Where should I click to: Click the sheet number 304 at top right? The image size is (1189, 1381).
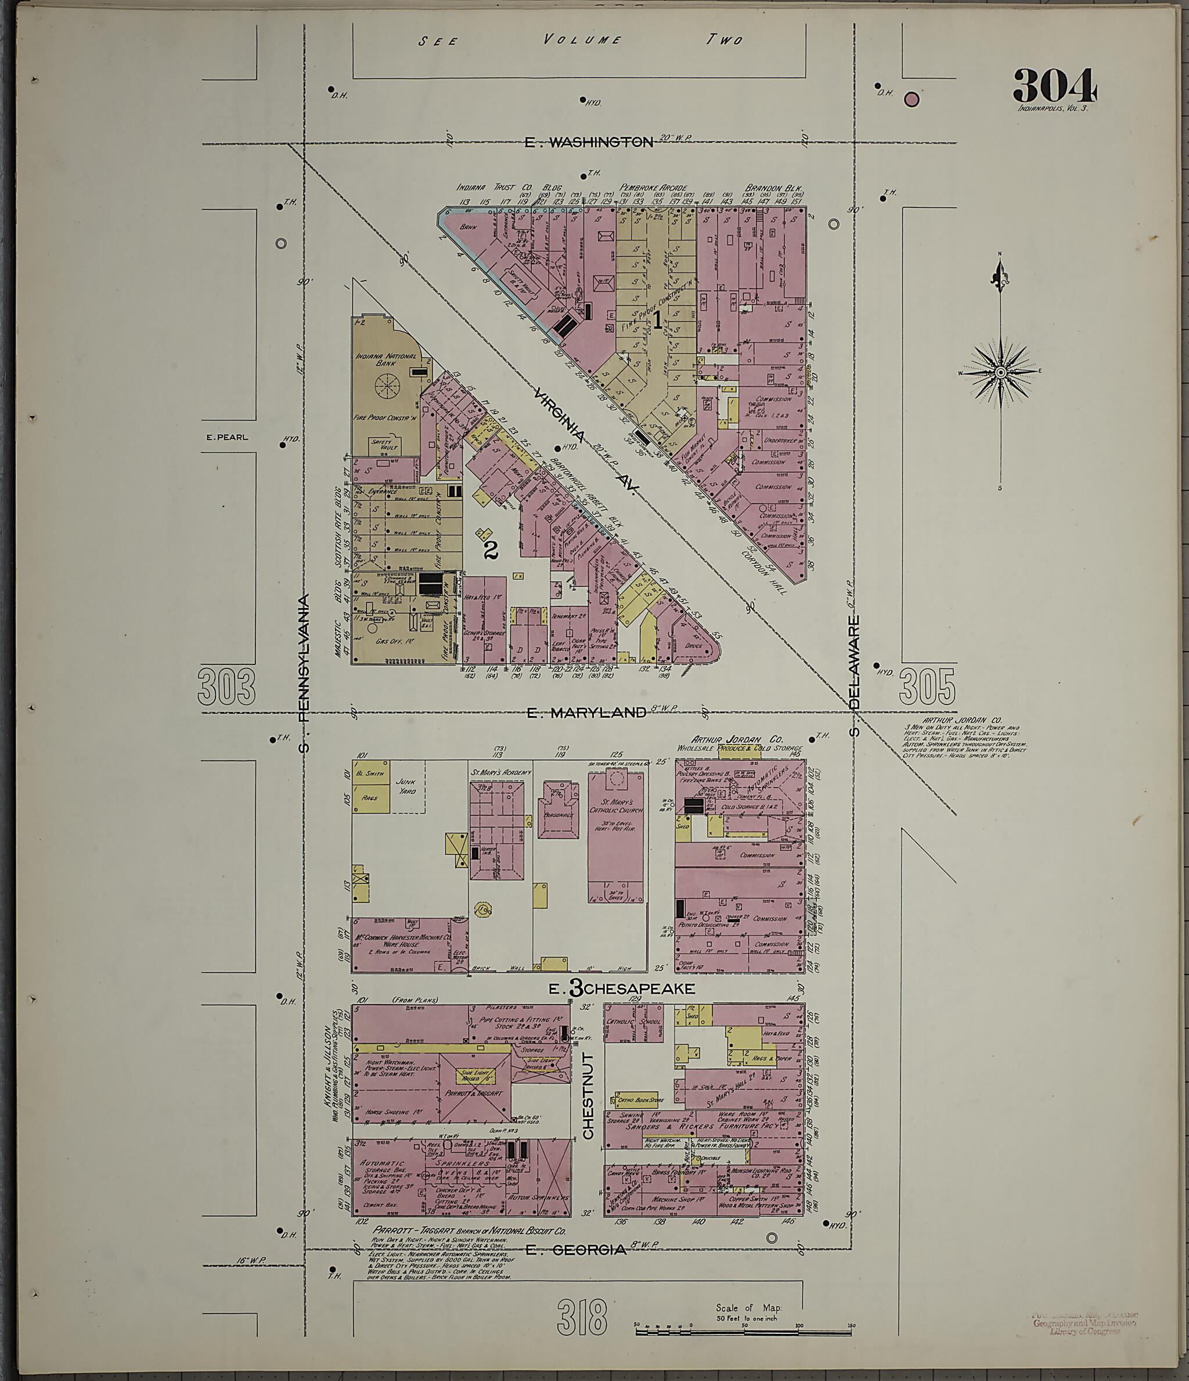pyautogui.click(x=1054, y=85)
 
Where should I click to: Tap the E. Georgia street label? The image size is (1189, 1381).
pyautogui.click(x=576, y=1250)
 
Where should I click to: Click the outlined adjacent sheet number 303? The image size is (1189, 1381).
pyautogui.click(x=226, y=686)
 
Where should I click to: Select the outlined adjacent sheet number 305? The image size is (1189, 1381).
pyautogui.click(x=927, y=686)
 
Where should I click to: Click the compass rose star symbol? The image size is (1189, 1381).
pyautogui.click(x=1000, y=372)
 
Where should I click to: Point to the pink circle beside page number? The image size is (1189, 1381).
pyautogui.click(x=911, y=100)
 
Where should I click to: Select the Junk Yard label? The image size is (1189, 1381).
pyautogui.click(x=406, y=786)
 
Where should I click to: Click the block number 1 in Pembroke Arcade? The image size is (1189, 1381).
pyautogui.click(x=657, y=321)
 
